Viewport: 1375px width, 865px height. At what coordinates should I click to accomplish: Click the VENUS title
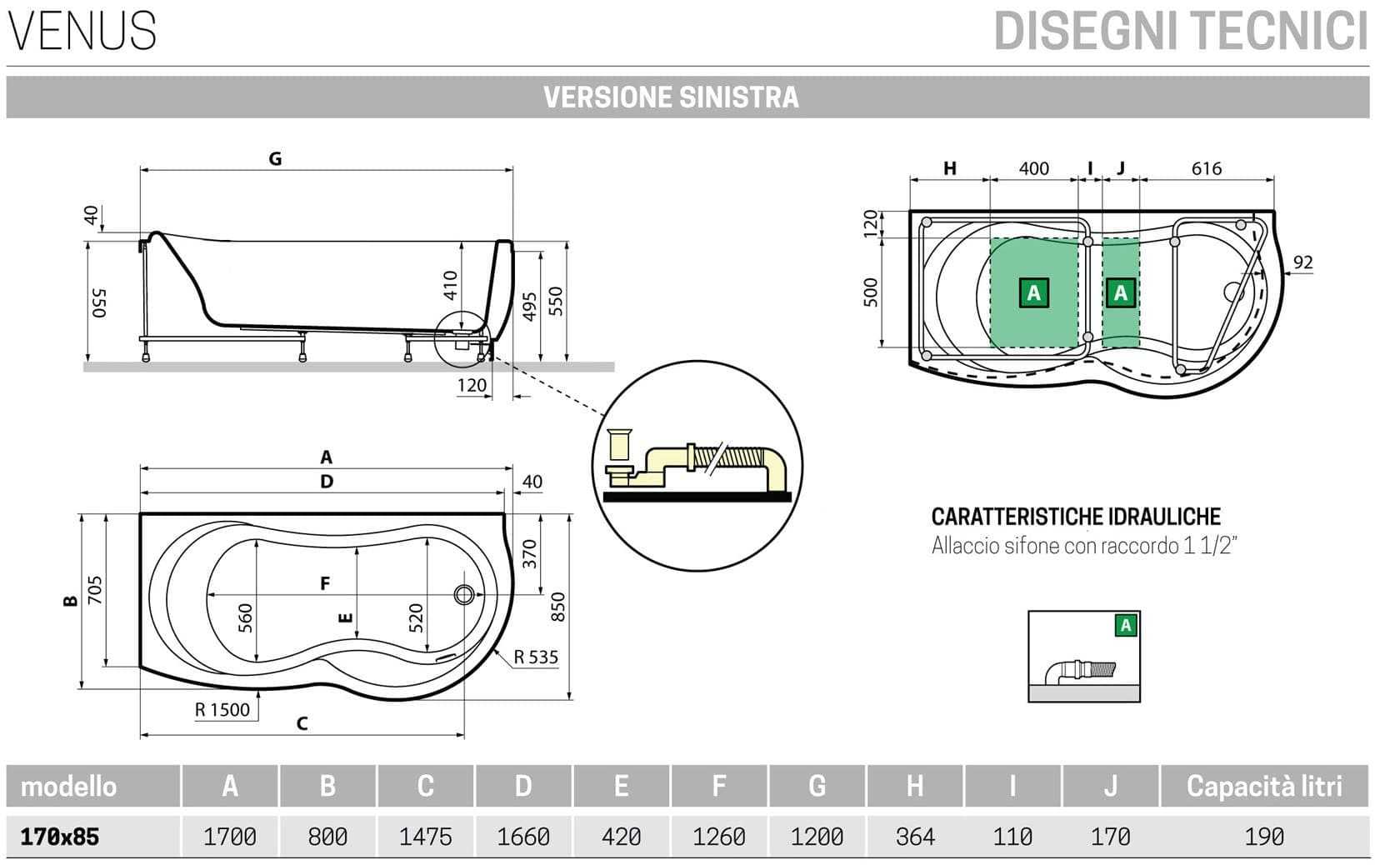pos(82,31)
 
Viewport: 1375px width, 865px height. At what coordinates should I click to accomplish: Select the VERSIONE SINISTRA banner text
pos(671,97)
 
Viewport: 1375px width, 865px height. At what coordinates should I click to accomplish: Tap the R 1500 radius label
pos(222,710)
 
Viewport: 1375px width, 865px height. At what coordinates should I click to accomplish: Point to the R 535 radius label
pos(535,657)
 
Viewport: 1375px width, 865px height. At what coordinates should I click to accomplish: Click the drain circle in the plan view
pos(464,594)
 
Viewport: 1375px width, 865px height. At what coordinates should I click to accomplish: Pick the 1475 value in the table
pos(425,836)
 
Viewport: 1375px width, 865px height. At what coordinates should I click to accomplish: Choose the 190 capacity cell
pos(1264,836)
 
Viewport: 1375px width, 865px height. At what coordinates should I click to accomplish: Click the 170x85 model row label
pos(59,836)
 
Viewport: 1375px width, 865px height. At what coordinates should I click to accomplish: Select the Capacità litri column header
pos(1264,786)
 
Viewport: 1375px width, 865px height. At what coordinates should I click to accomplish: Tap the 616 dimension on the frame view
pos(1206,168)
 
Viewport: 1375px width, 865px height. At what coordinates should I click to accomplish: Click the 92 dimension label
pos(1302,262)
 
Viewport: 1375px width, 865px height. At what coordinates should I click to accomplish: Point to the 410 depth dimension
pos(451,286)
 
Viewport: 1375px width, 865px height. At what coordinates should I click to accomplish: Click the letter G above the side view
pos(275,158)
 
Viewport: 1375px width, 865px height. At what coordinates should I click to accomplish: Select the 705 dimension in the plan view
pos(95,591)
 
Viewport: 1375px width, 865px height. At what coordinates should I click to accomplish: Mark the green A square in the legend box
pos(1126,625)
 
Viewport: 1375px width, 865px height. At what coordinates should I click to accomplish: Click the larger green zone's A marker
pos(1034,293)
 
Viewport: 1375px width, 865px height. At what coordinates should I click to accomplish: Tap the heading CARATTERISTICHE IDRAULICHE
pos(1076,517)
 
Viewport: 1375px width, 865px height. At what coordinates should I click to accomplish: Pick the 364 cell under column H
pos(914,836)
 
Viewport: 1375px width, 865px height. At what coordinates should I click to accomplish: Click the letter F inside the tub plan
pos(325,583)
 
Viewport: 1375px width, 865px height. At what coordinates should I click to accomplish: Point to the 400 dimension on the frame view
pos(1033,168)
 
